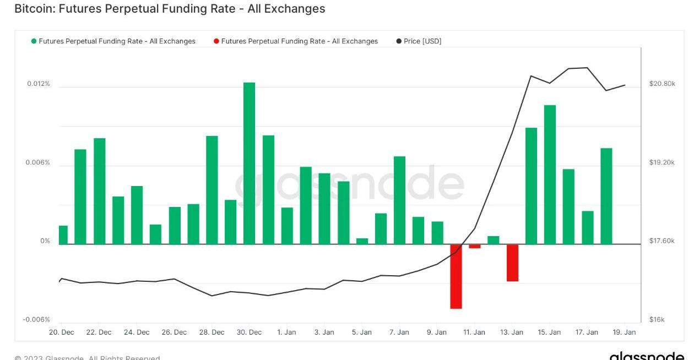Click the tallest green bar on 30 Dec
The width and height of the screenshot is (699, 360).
[x=249, y=163]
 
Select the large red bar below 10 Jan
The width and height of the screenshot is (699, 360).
[x=456, y=276]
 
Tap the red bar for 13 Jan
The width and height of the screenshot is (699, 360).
[x=512, y=263]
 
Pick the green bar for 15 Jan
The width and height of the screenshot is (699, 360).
[x=550, y=174]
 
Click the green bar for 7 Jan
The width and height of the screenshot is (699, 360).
[x=399, y=200]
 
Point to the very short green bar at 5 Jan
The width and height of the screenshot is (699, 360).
[x=362, y=241]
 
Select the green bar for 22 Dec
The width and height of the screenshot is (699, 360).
[x=99, y=191]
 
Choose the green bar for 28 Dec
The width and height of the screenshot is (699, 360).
[x=212, y=190]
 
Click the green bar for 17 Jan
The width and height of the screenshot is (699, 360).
[x=588, y=227]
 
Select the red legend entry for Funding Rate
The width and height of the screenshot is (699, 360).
[x=299, y=41]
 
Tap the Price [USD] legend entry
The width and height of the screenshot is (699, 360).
[x=422, y=41]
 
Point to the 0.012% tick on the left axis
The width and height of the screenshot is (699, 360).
[x=39, y=84]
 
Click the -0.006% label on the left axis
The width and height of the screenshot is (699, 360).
[x=36, y=320]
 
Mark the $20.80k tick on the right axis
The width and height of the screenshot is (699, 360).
[x=662, y=84]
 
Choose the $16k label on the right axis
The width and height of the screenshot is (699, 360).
[x=657, y=320]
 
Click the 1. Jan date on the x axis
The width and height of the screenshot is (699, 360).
[x=286, y=332]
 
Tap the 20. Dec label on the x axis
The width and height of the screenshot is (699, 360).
[x=62, y=332]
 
